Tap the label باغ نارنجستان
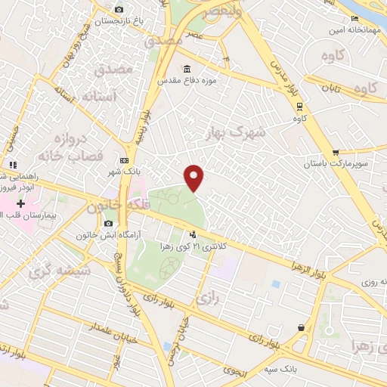point(118,22)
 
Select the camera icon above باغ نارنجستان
point(118,9)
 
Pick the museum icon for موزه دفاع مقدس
point(186,68)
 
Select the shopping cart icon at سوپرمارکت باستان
point(335,153)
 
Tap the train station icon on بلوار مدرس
point(299,106)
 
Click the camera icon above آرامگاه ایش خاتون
point(110,224)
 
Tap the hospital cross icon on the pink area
point(20,203)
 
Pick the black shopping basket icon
point(302,328)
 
